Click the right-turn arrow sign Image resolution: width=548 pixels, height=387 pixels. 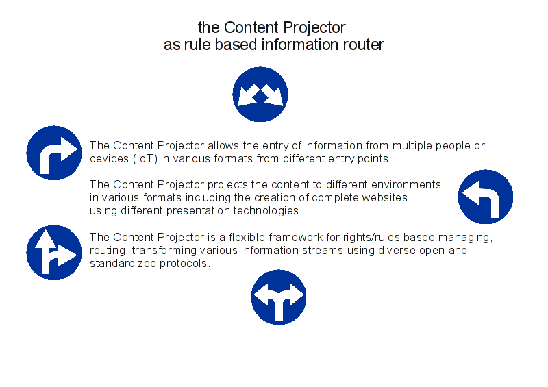click(54, 153)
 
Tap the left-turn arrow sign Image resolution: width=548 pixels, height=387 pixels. click(486, 197)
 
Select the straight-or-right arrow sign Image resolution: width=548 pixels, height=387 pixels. click(54, 253)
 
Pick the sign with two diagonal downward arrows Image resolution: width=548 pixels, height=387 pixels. click(260, 95)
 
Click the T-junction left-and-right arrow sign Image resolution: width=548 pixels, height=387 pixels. click(279, 297)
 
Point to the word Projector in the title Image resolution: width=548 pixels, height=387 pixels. click(314, 28)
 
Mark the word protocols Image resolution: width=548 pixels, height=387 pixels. click(185, 264)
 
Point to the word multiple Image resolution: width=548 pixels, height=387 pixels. click(412, 146)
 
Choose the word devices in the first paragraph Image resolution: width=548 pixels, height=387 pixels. click(109, 159)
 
